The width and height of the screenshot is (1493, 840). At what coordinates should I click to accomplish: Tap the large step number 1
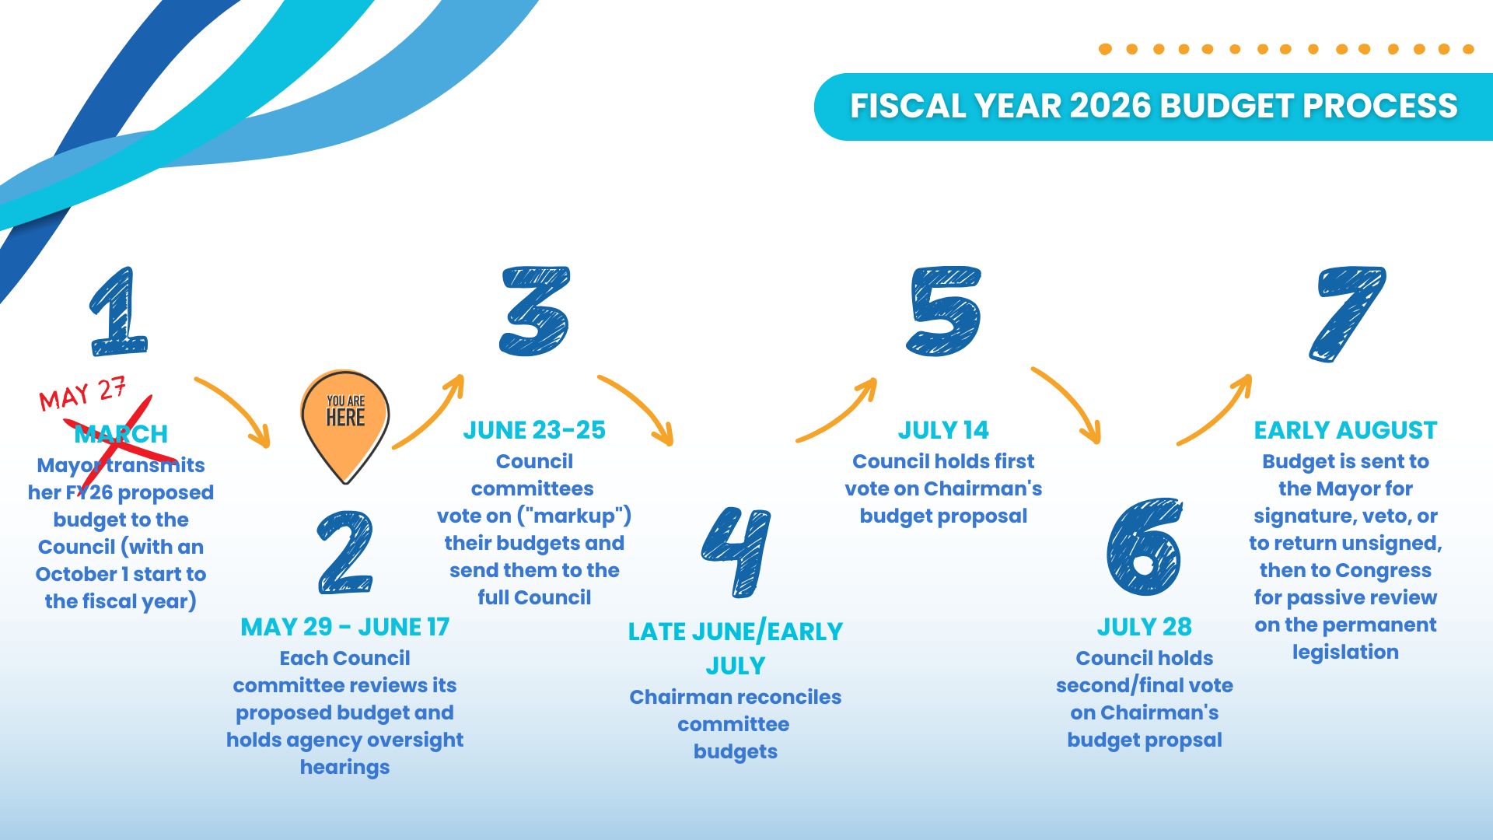pyautogui.click(x=118, y=312)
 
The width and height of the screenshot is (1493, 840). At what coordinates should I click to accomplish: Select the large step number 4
pyautogui.click(x=736, y=551)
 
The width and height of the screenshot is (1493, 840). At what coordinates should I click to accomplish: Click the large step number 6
pyautogui.click(x=1144, y=546)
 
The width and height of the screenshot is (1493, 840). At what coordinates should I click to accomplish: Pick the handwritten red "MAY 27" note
pyautogui.click(x=82, y=394)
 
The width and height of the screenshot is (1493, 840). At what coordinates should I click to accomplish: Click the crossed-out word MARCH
pyautogui.click(x=121, y=434)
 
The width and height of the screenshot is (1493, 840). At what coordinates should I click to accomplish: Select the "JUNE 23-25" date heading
pyautogui.click(x=534, y=430)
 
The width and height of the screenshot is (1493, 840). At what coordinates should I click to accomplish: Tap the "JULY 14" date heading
pyautogui.click(x=943, y=430)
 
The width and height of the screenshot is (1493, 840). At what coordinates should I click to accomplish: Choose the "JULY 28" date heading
pyautogui.click(x=1144, y=627)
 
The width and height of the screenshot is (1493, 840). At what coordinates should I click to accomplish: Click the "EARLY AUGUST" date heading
pyautogui.click(x=1345, y=430)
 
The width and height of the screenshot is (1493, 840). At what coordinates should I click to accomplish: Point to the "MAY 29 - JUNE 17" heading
pyautogui.click(x=345, y=627)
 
